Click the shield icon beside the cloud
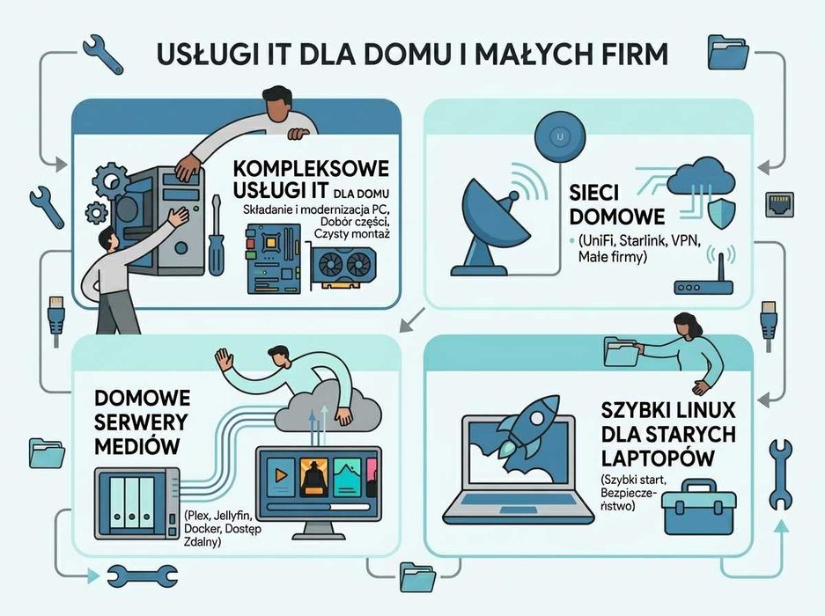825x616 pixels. pos(721,213)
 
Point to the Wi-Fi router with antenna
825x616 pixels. pos(704,276)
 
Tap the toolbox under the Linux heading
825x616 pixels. pos(699,507)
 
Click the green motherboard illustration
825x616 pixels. pos(274,259)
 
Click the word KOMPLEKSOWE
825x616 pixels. pos(311,169)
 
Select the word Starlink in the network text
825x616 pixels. pos(643,241)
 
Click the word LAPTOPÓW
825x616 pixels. pos(657,458)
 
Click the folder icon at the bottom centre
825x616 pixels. pos(417,577)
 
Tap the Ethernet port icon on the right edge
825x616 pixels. pos(779,205)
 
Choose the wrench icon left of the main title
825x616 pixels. pos(103,54)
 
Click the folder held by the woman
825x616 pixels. pos(622,352)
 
